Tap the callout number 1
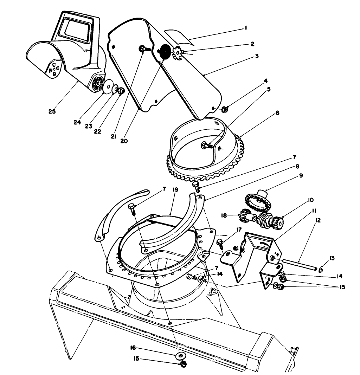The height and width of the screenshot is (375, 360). (x=246, y=28)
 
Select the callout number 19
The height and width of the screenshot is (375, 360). (x=176, y=190)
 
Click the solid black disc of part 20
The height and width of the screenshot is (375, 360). (x=164, y=52)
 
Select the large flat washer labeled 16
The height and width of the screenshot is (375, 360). (x=181, y=356)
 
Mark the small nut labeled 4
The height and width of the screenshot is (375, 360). (x=225, y=109)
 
